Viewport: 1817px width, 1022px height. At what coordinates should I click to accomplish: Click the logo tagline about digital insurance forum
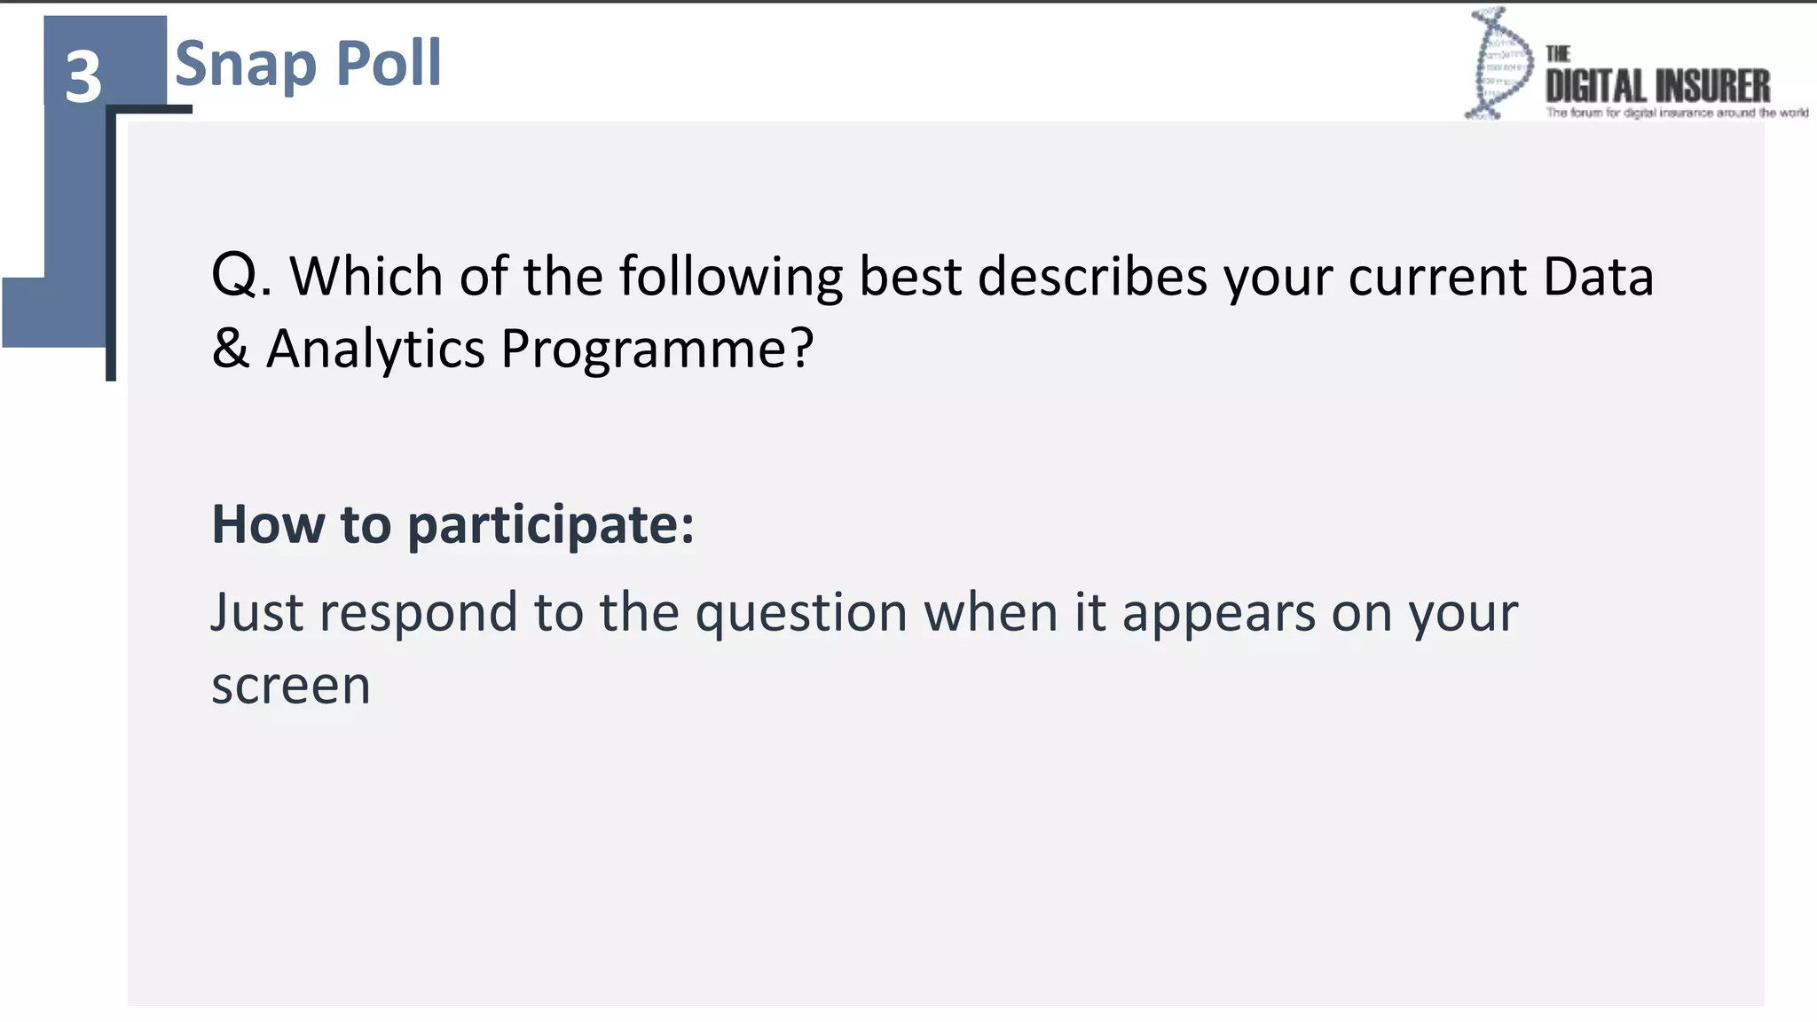[x=1676, y=113]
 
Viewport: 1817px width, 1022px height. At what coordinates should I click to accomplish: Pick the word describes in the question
[x=1092, y=276]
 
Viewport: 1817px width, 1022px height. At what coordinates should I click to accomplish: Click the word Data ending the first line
[x=1598, y=276]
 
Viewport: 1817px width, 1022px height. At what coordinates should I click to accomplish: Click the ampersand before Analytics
[x=230, y=348]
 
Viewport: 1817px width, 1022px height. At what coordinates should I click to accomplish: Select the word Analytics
[x=375, y=348]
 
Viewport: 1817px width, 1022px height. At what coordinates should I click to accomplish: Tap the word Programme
[x=646, y=348]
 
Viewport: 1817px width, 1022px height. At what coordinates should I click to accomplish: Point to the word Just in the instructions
[x=257, y=612]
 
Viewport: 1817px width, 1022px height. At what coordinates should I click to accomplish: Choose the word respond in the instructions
[x=418, y=614]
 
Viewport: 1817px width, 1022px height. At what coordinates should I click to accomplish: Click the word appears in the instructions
[x=1218, y=614]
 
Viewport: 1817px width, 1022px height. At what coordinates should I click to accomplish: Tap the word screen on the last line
[x=290, y=686]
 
